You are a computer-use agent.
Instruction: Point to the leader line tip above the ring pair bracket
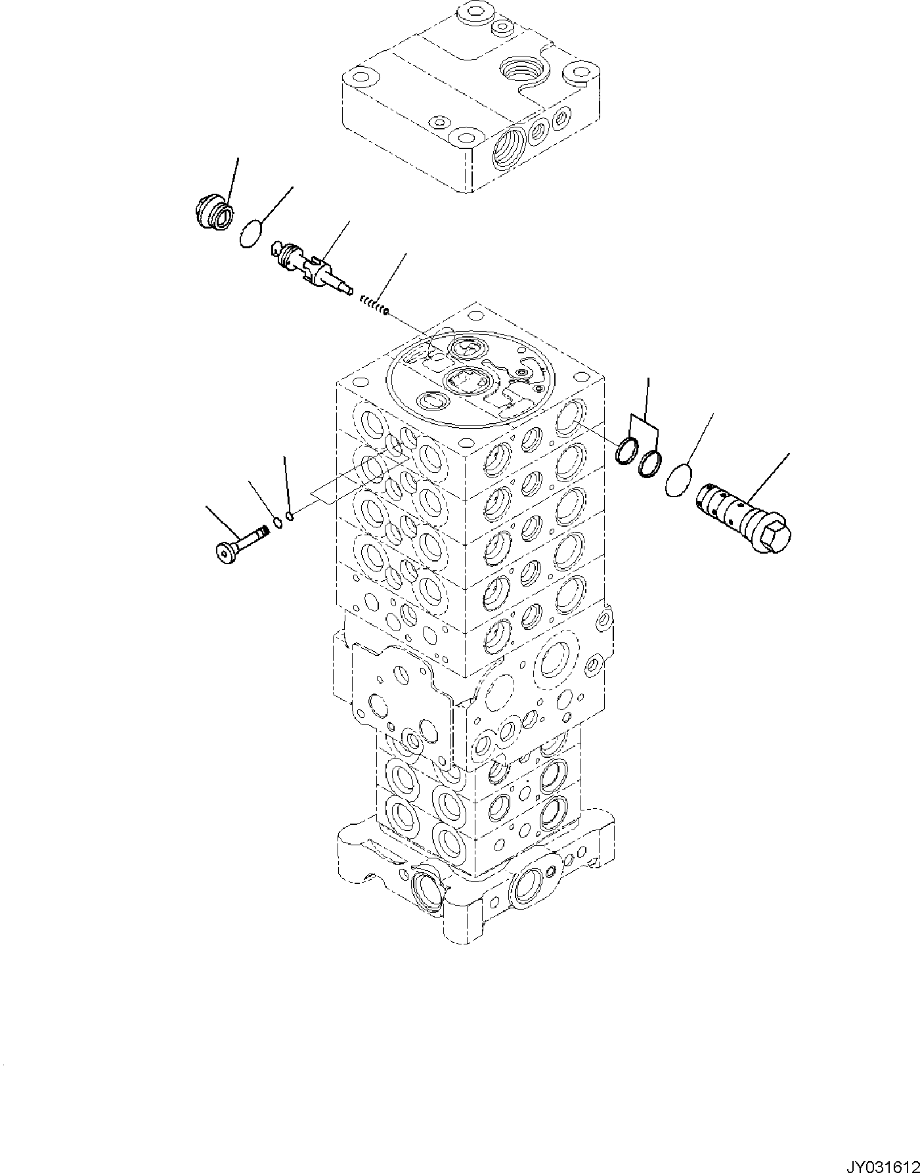coord(648,379)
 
